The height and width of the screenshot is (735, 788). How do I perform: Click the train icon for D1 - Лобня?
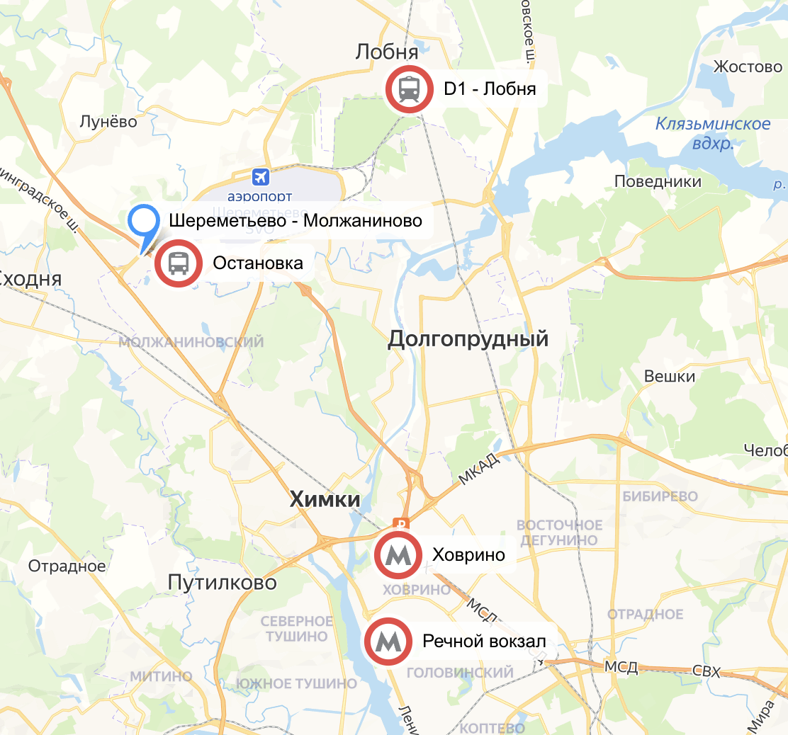tap(409, 89)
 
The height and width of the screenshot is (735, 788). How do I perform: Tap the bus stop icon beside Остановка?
tap(179, 263)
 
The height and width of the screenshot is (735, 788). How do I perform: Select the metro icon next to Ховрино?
tap(398, 554)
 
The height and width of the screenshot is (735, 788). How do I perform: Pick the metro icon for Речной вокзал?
tap(388, 642)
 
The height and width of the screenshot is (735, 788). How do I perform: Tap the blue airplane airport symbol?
tap(261, 176)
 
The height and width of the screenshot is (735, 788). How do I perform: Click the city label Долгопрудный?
tap(468, 339)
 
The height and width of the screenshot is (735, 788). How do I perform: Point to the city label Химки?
tap(325, 500)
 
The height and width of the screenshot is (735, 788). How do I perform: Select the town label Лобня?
tap(387, 52)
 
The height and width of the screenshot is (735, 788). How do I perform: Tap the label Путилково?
tap(222, 583)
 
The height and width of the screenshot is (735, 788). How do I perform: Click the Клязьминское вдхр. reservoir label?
tap(712, 133)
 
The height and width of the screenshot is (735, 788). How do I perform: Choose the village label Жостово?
tap(748, 67)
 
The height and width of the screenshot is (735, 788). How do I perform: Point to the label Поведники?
tap(658, 181)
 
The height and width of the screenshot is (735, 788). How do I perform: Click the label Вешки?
tap(670, 377)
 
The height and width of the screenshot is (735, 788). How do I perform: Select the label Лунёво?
tap(108, 121)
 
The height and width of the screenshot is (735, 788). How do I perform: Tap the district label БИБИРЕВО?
tap(660, 496)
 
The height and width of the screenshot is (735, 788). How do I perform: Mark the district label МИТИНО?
tap(161, 676)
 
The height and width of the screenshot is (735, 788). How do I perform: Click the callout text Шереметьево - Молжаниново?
tap(295, 221)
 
